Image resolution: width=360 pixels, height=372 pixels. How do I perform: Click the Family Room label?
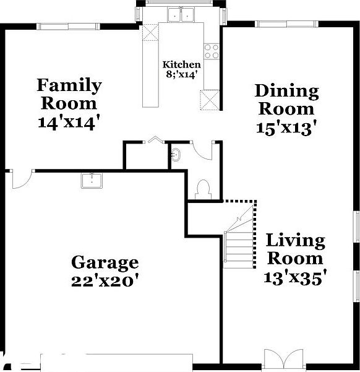click(x=69, y=94)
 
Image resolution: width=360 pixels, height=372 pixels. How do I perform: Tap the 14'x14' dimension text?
click(x=69, y=123)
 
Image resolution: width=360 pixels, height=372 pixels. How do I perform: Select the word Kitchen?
click(x=181, y=65)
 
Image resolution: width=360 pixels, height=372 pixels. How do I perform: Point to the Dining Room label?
click(x=286, y=100)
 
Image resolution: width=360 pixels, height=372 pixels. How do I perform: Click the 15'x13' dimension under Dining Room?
click(x=286, y=128)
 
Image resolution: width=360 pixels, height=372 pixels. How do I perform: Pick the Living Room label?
click(x=295, y=249)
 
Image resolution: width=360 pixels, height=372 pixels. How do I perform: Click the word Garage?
click(x=104, y=262)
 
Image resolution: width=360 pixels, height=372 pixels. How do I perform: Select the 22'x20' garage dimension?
click(x=104, y=280)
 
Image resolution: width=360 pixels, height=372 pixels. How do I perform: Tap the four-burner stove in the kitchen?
click(x=212, y=50)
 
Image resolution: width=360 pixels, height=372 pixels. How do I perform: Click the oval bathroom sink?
click(x=176, y=154)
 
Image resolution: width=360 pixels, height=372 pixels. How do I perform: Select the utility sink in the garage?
click(x=92, y=180)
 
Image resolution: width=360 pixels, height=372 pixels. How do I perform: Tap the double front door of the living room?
click(x=276, y=358)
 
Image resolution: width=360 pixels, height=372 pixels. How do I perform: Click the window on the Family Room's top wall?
click(x=67, y=26)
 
